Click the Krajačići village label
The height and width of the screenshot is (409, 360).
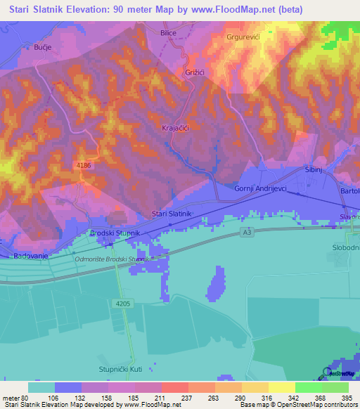(x=176, y=128)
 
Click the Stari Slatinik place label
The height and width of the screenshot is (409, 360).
(x=172, y=214)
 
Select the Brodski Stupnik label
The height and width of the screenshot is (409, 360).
(x=116, y=233)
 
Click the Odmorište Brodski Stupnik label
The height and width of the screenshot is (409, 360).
(x=112, y=259)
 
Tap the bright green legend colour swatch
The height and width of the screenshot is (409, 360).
(x=308, y=387)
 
